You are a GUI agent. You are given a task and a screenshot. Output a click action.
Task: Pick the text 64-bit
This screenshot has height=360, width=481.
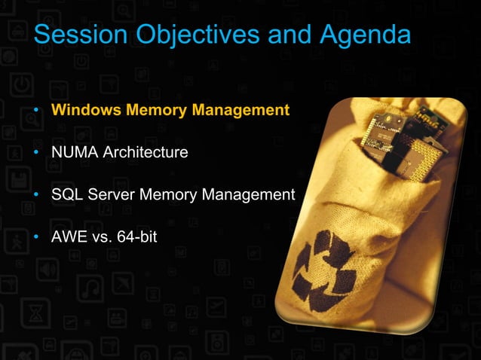pos(134,239)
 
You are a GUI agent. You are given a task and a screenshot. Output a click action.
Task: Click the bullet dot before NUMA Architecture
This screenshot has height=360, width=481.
pos(36,154)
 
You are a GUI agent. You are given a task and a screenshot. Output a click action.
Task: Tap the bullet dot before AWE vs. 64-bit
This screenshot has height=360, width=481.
pos(36,239)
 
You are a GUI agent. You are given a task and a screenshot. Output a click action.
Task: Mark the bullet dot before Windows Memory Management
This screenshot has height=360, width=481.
pos(36,111)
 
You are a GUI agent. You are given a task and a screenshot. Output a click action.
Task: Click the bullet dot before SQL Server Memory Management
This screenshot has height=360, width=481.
pos(36,197)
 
